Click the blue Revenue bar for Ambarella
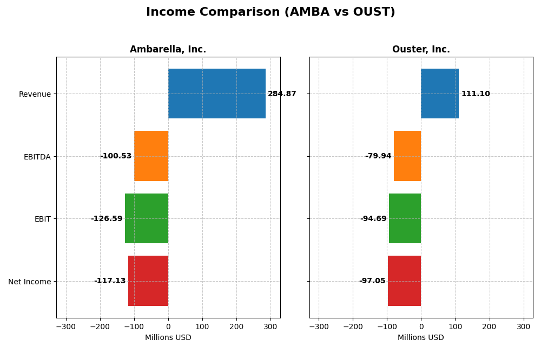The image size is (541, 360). click(216, 94)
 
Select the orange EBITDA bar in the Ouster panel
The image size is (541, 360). click(407, 156)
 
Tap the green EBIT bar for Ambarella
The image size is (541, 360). click(147, 218)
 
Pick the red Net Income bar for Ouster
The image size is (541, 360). click(404, 281)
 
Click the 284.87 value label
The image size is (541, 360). click(282, 94)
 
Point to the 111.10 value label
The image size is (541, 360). click(476, 94)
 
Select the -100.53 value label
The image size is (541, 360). click(116, 156)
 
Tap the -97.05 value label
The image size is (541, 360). click(372, 281)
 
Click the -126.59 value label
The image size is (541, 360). click(107, 219)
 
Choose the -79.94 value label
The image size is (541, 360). click(378, 156)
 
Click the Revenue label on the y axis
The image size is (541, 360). click(35, 95)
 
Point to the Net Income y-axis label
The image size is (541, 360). click(29, 282)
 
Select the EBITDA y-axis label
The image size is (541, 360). click(37, 157)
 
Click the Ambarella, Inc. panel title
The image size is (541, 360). click(168, 50)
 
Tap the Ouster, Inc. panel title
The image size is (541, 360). click(421, 50)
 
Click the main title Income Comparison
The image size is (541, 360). click(270, 12)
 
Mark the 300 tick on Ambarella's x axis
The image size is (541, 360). click(270, 327)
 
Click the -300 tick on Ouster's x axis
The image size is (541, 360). click(319, 327)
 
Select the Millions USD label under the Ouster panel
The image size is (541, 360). click(421, 338)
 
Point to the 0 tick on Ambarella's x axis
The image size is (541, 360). click(168, 327)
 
